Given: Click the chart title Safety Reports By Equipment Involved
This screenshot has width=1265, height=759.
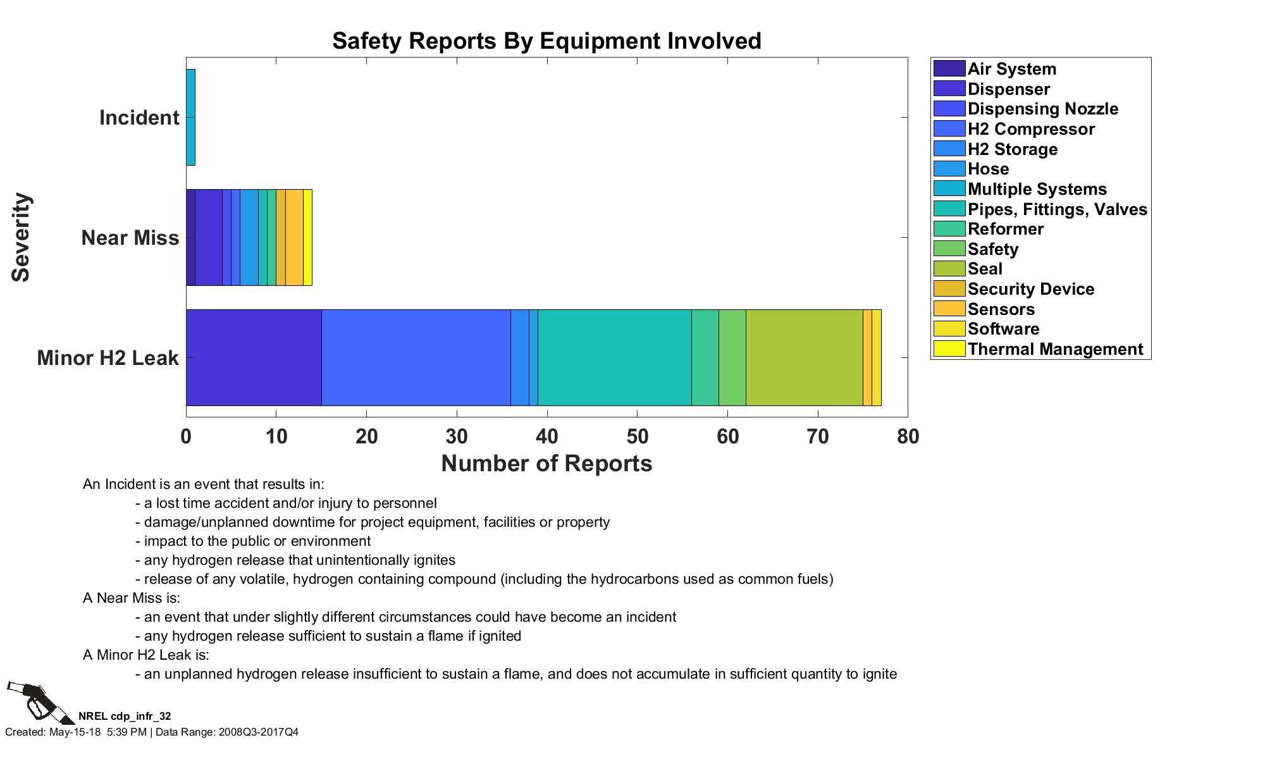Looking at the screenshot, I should point(546,41).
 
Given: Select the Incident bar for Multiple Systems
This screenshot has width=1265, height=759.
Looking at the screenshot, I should point(190,118).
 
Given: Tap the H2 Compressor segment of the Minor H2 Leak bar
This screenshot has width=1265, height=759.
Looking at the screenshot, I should point(416,357).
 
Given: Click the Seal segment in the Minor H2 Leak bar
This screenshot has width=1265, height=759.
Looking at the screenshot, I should point(804,357).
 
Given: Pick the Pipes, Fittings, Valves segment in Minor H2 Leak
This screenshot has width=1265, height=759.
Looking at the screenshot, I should point(614,357).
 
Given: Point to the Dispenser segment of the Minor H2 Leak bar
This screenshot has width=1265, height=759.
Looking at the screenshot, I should point(254,357).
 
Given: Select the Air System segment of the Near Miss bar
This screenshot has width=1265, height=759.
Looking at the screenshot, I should point(190,237).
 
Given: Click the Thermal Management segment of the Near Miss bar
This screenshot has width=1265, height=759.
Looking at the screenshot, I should point(307,237).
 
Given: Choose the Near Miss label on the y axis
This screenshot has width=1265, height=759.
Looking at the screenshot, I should point(130,238).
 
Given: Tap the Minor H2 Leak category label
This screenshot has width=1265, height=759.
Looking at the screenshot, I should point(108,358).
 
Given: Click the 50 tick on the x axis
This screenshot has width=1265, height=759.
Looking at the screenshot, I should point(637,436).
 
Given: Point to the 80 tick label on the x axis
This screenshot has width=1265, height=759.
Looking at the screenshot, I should point(908,436).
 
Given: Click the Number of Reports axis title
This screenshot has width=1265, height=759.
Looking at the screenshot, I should point(546,464).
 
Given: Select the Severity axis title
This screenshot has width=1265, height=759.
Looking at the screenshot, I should point(22,237).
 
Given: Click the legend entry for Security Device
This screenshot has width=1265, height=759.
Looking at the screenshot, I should point(1030,289).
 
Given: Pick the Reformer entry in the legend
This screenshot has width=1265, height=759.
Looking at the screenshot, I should point(1005,229).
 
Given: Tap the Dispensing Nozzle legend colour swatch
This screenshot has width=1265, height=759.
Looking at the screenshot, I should point(949,109).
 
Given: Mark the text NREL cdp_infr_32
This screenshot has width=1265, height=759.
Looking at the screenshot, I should point(125,716).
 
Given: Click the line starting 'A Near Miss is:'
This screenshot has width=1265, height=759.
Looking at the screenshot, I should point(132,598).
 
